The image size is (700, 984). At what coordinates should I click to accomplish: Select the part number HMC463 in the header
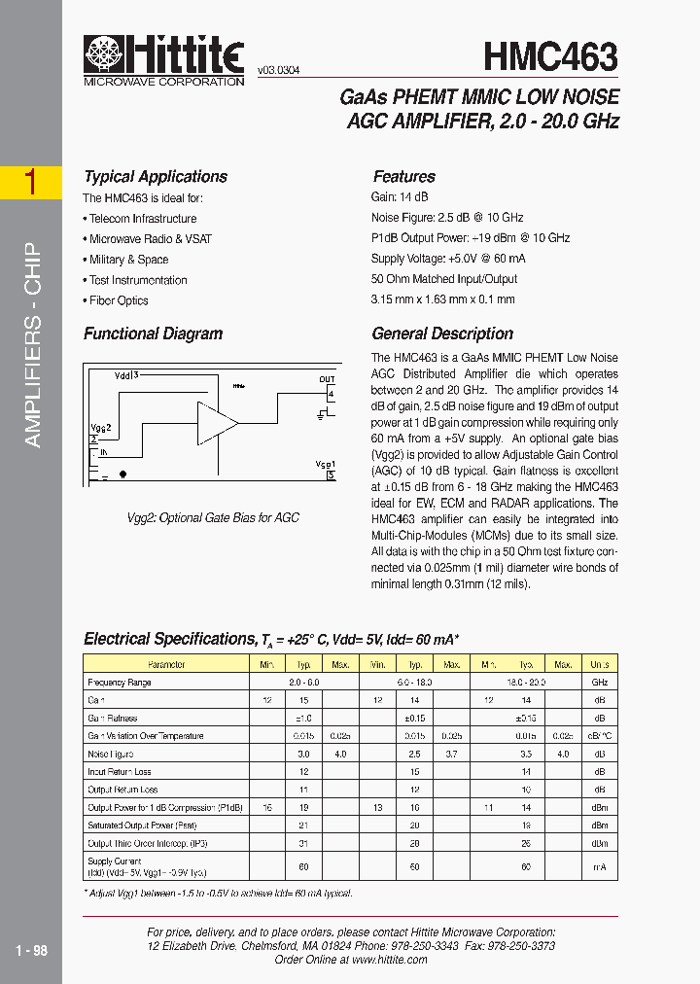tap(550, 57)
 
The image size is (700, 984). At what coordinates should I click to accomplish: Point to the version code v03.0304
tap(279, 71)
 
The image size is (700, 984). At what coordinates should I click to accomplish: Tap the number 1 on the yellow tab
tap(30, 182)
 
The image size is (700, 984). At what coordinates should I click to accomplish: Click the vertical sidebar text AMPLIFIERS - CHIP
tap(32, 344)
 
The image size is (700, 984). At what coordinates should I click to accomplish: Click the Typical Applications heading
tap(156, 177)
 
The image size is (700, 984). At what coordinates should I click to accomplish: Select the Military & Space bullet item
tap(128, 260)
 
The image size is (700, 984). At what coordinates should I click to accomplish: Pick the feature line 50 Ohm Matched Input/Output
tap(444, 279)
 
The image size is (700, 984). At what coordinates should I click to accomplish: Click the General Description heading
tap(442, 334)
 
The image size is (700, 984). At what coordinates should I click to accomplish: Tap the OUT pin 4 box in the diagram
tap(331, 394)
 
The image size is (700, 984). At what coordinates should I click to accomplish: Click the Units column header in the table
tap(599, 665)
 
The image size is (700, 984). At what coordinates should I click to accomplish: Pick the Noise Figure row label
tap(111, 754)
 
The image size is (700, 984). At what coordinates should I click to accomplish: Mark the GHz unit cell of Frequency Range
tap(599, 683)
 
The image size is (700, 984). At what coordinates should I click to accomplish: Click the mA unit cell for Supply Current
tap(599, 867)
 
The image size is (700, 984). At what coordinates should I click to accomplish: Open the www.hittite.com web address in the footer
tap(389, 959)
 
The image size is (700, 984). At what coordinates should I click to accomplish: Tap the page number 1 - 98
tap(32, 950)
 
